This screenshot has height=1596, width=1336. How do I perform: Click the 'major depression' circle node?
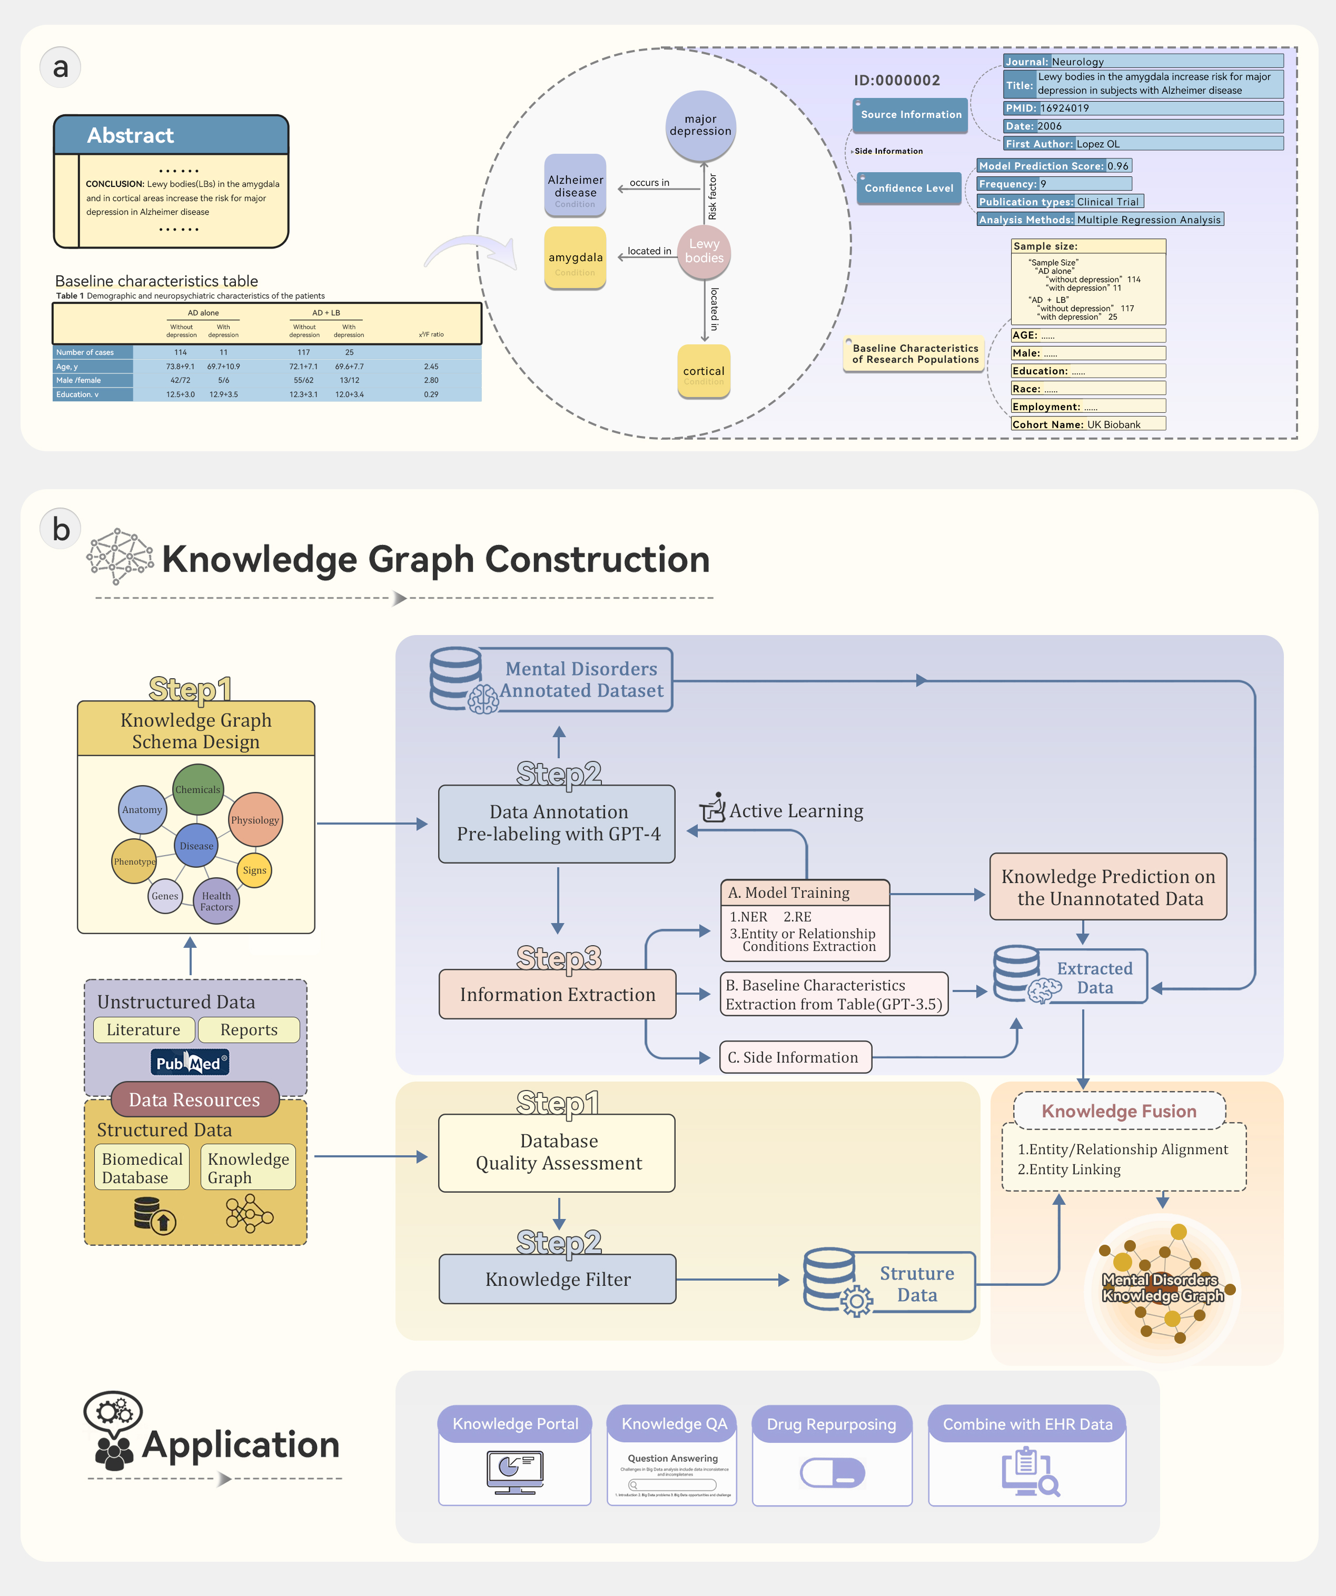tap(700, 125)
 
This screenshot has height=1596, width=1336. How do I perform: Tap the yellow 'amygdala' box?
tap(575, 257)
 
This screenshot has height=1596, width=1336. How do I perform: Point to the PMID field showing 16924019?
tap(1142, 108)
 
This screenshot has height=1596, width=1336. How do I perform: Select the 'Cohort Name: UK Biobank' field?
tap(1087, 424)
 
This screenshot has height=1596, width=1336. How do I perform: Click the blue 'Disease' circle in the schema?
tap(196, 845)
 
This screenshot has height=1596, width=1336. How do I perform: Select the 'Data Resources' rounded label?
tap(194, 1100)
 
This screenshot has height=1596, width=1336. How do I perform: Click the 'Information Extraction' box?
tap(557, 994)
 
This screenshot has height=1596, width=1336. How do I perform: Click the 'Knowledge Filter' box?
tap(557, 1279)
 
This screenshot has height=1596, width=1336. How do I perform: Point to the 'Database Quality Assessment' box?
tap(557, 1152)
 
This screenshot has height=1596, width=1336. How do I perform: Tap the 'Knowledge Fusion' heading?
tap(1119, 1111)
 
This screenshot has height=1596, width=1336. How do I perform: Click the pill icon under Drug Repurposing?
tap(832, 1473)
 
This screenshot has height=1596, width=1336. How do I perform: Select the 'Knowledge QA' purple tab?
tap(674, 1423)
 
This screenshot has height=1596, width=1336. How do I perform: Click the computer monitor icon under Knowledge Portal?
tap(514, 1471)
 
